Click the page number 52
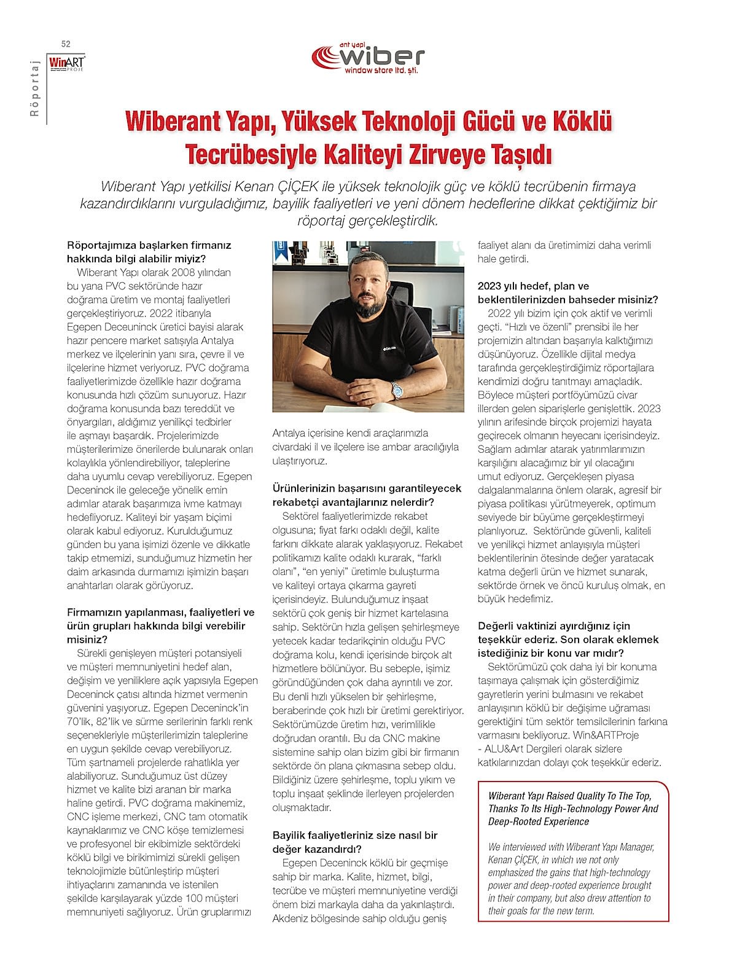[66, 44]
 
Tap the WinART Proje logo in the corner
[67, 63]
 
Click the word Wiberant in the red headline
[168, 122]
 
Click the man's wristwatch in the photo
[396, 388]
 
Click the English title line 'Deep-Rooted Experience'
[538, 821]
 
